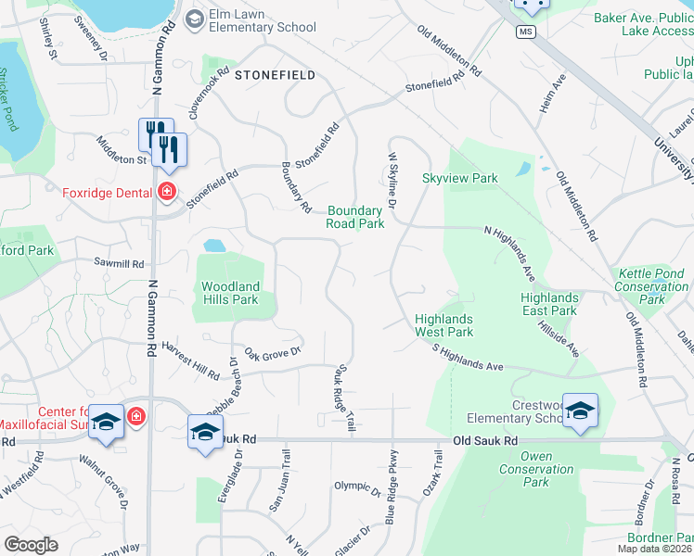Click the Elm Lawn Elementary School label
tap(263, 20)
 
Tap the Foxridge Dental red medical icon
tap(166, 192)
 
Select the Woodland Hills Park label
tap(230, 293)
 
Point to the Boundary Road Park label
tap(355, 217)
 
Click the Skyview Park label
tap(460, 178)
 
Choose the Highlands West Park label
tap(443, 325)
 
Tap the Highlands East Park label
tap(549, 304)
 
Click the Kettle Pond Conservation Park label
tap(652, 286)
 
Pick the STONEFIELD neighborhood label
tap(275, 74)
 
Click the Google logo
tap(30, 545)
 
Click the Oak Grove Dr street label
tap(275, 352)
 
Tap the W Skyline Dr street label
tap(393, 173)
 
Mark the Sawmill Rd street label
tap(120, 264)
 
